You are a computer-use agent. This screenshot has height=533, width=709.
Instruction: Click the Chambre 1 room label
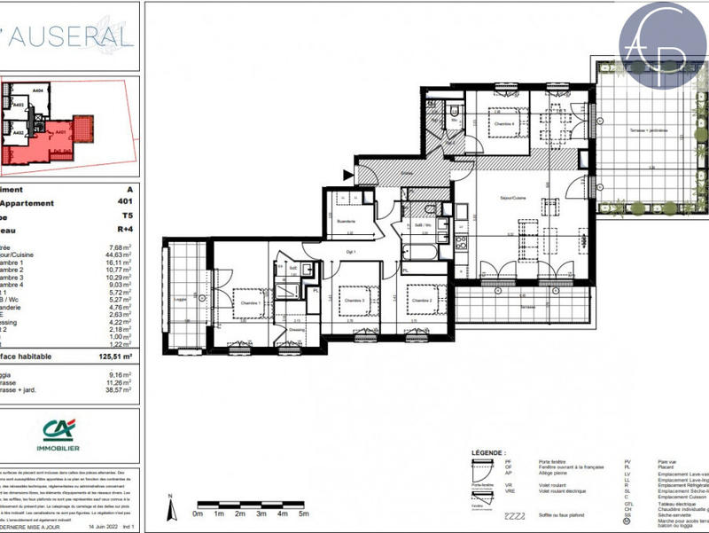[x=249, y=302]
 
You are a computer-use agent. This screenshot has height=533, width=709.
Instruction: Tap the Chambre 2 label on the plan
[x=420, y=301]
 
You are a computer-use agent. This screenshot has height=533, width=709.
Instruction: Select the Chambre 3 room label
[x=354, y=302]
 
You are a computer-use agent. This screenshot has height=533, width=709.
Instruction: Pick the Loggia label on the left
[x=180, y=300]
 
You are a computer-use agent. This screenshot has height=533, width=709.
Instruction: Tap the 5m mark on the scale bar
[x=303, y=513]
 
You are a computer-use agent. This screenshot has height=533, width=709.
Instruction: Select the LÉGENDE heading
[x=486, y=451]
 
